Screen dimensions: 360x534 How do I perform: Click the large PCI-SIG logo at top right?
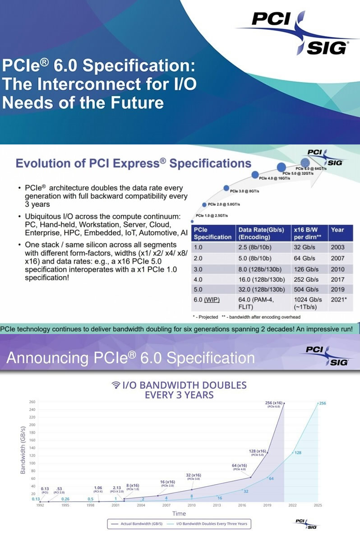(x=300, y=33)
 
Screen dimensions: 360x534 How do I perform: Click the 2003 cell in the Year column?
(x=337, y=247)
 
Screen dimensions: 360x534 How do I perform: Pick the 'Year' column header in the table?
(x=337, y=230)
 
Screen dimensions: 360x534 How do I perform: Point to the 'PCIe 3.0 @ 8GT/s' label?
(x=245, y=191)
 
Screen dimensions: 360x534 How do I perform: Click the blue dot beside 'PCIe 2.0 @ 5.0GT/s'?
(x=204, y=204)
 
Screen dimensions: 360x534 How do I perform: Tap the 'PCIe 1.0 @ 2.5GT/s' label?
(x=212, y=216)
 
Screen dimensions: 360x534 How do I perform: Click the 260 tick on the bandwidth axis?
(x=32, y=402)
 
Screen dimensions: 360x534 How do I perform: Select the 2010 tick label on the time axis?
(x=192, y=506)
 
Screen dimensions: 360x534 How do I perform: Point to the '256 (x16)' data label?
(x=273, y=403)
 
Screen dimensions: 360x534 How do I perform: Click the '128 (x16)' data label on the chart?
(x=257, y=451)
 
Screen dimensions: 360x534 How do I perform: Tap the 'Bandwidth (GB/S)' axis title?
(x=23, y=450)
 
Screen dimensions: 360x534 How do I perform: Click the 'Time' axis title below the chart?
(x=179, y=514)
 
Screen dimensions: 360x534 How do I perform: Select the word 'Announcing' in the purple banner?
(x=47, y=358)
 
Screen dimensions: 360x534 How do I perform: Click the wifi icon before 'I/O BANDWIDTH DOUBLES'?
(x=116, y=385)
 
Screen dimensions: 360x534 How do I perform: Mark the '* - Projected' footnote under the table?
(x=206, y=317)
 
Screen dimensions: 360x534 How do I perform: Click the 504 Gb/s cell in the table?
(x=306, y=289)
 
